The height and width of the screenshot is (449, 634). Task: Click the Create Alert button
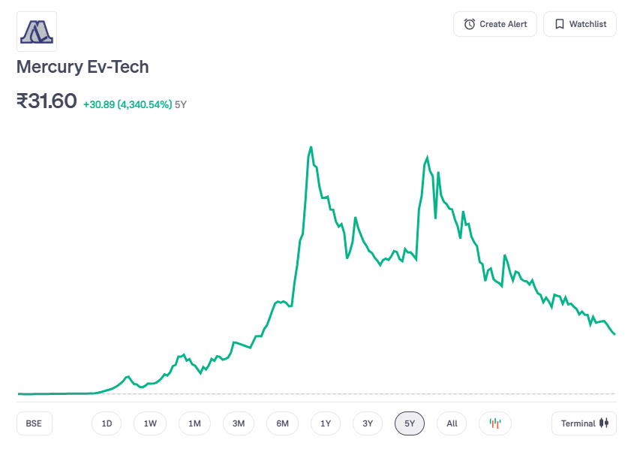tap(495, 24)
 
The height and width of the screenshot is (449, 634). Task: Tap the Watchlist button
tap(579, 24)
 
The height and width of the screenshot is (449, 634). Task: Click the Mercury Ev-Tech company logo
tap(37, 32)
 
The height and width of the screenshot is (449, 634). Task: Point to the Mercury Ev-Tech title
tap(83, 67)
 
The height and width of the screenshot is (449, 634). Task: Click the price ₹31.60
tap(47, 101)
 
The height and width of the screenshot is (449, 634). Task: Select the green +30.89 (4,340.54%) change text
tap(128, 104)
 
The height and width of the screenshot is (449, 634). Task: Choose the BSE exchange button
tap(34, 423)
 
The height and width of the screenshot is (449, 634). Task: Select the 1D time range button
tap(107, 423)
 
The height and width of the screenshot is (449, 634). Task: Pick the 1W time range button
tap(150, 423)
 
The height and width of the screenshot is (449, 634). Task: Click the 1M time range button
tap(194, 423)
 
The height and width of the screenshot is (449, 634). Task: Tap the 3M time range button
tap(239, 423)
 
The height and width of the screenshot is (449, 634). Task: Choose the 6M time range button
tap(282, 423)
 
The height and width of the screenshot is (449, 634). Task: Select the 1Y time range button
tap(326, 423)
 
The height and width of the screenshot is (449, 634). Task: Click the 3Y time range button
tap(368, 423)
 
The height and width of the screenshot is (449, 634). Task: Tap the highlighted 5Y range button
tap(410, 423)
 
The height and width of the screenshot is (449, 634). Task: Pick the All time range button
tap(452, 423)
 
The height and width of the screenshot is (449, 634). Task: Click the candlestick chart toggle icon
tap(495, 423)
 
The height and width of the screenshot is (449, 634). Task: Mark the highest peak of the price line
tap(311, 147)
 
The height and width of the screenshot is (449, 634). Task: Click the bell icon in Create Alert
tap(470, 24)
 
